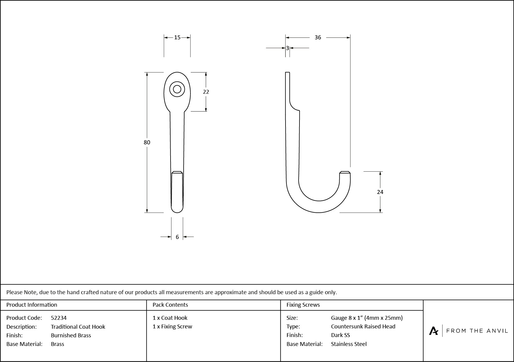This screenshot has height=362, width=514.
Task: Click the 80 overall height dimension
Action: pos(147,142)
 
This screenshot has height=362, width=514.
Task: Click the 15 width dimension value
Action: pos(177,37)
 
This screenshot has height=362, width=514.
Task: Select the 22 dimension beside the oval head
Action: pos(206,92)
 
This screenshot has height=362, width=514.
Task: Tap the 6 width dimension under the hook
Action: pos(177,237)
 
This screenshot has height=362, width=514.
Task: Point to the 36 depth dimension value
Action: pos(318,37)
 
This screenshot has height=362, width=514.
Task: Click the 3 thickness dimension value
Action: pos(287,48)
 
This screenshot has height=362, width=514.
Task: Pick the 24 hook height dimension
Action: pos(380,192)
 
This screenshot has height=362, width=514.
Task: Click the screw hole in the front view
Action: pos(177,89)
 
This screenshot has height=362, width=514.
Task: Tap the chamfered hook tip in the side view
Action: pos(345,173)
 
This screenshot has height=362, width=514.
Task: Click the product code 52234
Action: pos(59,318)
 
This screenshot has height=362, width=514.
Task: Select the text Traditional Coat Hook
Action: pos(78,327)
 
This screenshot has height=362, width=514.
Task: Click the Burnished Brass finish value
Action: pos(71,335)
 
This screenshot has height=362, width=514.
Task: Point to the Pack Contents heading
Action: pos(170,305)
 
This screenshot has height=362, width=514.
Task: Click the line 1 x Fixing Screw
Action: pos(172,327)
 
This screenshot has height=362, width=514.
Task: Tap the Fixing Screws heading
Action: pos(303,305)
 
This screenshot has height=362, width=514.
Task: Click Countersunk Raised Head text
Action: pos(363,327)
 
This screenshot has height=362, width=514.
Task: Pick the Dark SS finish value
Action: pos(340,335)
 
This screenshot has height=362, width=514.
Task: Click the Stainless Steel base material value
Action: pos(349,344)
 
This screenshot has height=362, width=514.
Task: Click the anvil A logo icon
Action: pos(433,331)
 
